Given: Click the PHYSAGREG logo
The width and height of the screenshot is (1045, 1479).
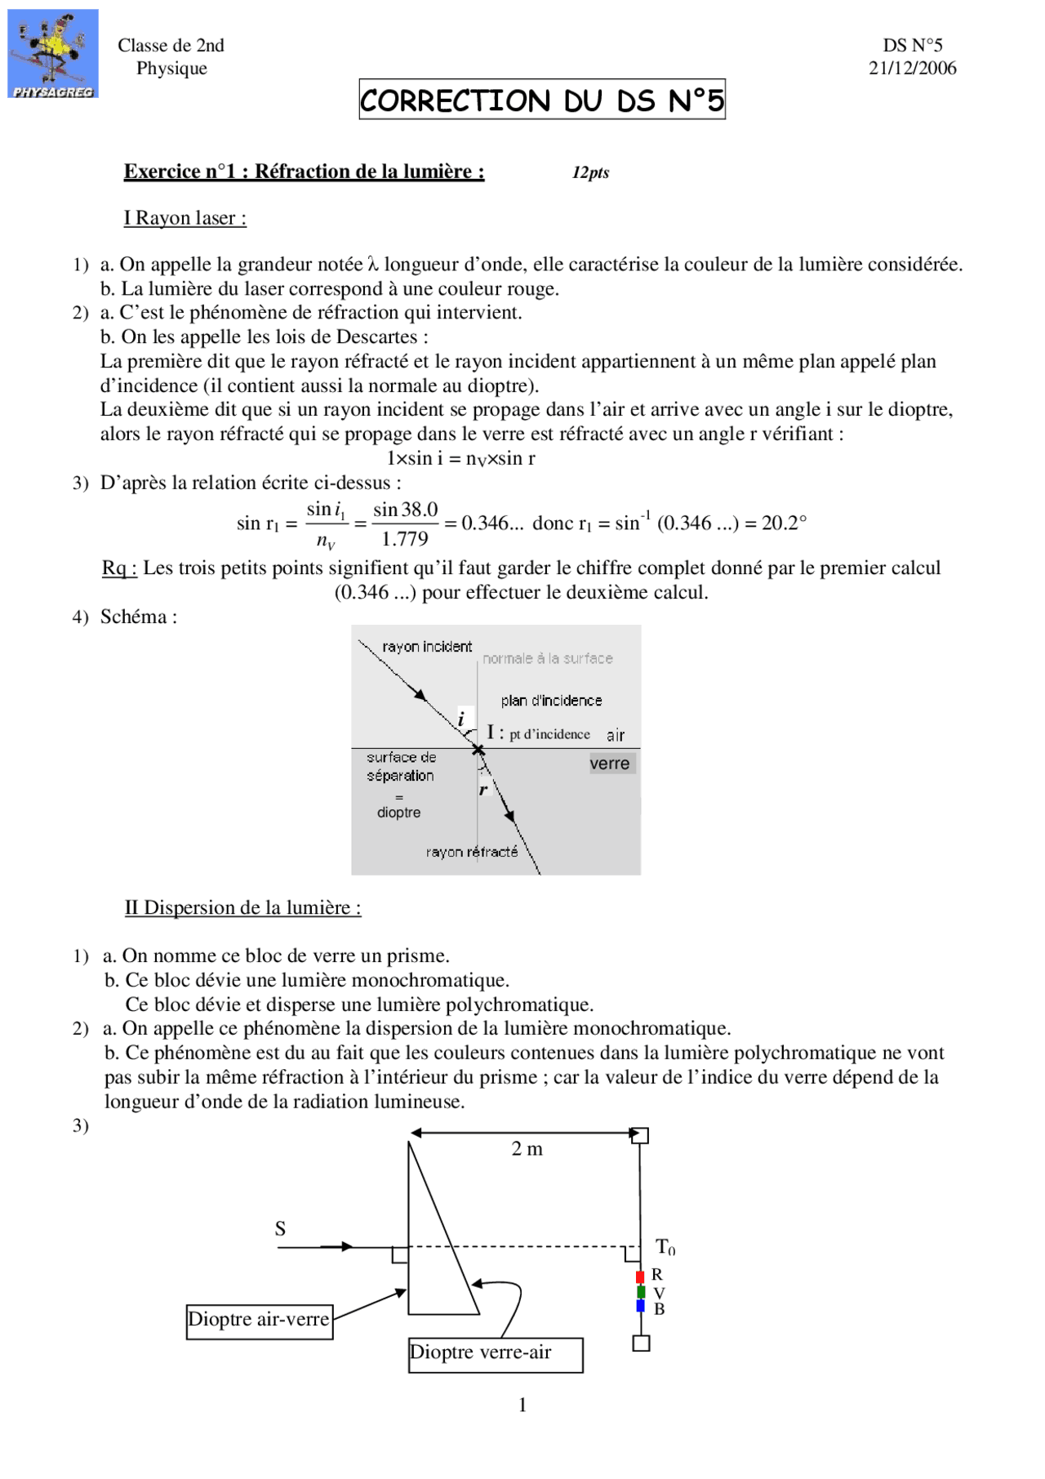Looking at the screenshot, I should [53, 54].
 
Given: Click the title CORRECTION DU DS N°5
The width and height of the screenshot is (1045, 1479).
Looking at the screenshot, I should [541, 100].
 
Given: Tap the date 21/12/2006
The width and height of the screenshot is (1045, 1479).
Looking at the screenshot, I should [912, 69].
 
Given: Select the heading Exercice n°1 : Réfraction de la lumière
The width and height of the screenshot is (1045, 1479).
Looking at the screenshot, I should [304, 172].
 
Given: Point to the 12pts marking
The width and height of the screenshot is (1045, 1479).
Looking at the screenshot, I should [590, 172].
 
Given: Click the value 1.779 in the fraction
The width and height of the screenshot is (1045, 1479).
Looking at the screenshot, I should [405, 539].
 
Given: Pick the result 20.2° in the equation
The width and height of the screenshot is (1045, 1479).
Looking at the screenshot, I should [784, 523].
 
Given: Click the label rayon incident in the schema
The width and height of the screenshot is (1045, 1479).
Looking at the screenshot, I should [427, 647].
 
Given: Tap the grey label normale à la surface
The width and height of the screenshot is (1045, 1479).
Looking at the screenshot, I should [547, 658].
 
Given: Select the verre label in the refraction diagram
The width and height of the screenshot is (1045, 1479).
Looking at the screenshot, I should [610, 764].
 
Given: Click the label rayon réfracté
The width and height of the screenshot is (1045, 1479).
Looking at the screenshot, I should [472, 852].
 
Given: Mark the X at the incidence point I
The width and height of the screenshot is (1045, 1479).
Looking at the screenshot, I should [478, 749].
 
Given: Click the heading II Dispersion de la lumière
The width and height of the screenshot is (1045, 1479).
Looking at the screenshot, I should [242, 907].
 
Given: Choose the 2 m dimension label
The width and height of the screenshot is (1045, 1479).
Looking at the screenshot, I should [527, 1149].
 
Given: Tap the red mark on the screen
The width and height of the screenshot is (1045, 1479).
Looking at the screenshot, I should [640, 1276].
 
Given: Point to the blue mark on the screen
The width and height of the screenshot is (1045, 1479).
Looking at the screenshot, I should [640, 1306].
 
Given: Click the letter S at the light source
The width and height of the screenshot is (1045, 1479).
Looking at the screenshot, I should [280, 1228].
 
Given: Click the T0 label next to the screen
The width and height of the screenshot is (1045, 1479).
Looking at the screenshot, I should [665, 1247].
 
